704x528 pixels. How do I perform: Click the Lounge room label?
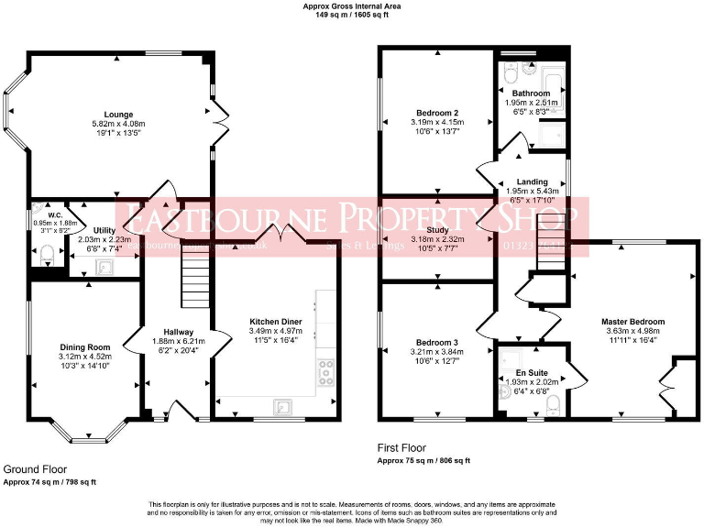[x=113, y=113]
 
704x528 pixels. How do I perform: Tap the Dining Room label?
[x=84, y=346]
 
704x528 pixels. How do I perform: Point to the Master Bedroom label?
[x=632, y=322]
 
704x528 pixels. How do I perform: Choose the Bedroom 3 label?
[x=435, y=342]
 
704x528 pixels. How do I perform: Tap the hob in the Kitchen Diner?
[x=325, y=371]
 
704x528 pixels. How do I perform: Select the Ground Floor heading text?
[x=36, y=469]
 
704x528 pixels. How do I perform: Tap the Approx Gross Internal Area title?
[x=351, y=6]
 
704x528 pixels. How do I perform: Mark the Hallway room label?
[x=178, y=332]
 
